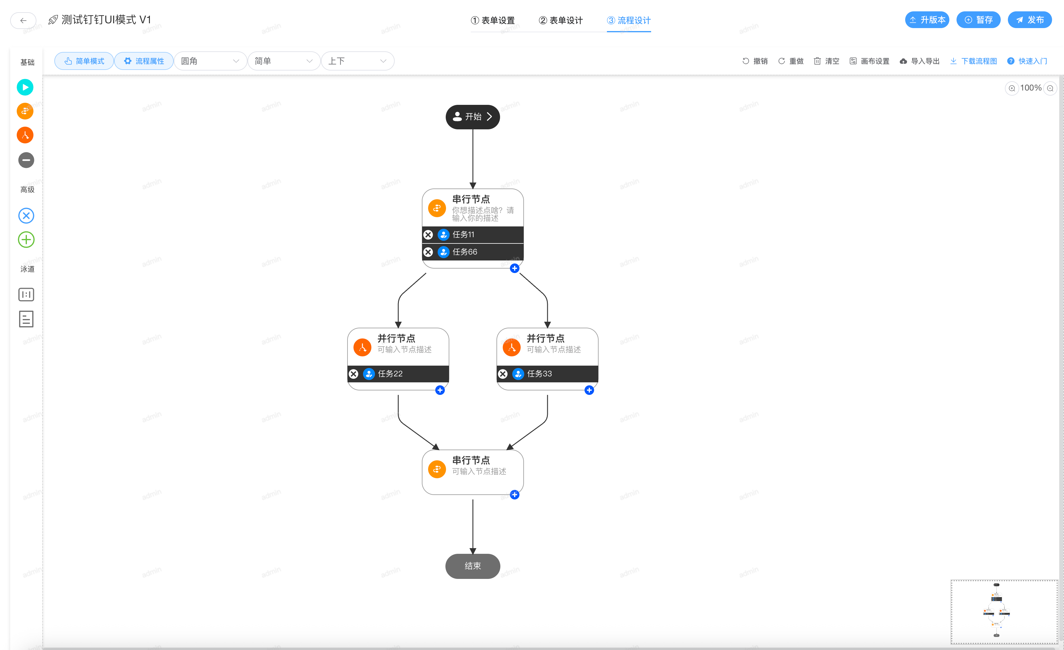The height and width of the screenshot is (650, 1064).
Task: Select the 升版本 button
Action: click(927, 20)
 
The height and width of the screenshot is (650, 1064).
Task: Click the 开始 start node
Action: click(472, 117)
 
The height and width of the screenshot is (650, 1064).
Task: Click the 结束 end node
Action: click(472, 566)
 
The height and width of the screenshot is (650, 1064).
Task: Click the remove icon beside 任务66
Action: click(428, 252)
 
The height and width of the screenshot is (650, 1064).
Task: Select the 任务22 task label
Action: click(390, 374)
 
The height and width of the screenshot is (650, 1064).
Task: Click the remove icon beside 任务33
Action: click(503, 374)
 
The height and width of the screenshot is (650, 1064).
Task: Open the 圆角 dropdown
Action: click(210, 61)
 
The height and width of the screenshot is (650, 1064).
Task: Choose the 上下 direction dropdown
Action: click(357, 61)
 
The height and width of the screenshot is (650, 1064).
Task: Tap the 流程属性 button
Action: click(144, 61)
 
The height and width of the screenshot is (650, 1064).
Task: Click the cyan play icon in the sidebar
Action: click(25, 87)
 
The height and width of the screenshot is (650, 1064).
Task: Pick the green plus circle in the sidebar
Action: click(26, 240)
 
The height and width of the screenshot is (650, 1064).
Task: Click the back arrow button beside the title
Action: click(23, 20)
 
